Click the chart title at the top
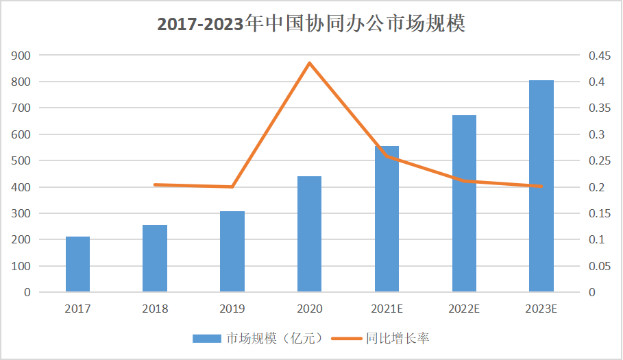[311, 24]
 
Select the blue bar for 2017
[77, 264]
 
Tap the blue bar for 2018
[155, 259]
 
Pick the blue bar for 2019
[232, 252]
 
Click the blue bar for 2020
[309, 234]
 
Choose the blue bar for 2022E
[464, 204]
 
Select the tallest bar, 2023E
[541, 186]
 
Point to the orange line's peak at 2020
[309, 63]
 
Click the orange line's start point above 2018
[155, 184]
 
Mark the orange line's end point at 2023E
[541, 186]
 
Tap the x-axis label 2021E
[387, 309]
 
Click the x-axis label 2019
[232, 309]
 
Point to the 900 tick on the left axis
[22, 56]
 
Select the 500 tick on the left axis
[22, 161]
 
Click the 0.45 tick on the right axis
[600, 56]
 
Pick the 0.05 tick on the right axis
[600, 266]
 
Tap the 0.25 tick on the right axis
[600, 161]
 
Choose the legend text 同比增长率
[398, 338]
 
